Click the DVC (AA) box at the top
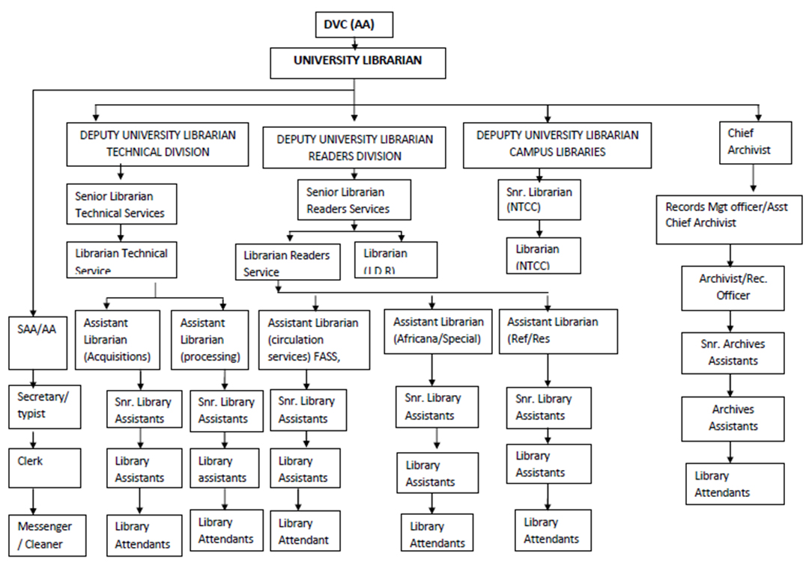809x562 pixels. click(354, 25)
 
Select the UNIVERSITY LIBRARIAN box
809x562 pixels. click(357, 62)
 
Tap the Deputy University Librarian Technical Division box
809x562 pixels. click(157, 144)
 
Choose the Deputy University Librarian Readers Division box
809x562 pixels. click(354, 147)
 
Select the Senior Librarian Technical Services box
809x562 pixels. click(121, 204)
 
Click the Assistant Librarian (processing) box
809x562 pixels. click(213, 340)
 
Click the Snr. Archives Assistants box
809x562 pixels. click(733, 352)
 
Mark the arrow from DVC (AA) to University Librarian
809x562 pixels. click(354, 43)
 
